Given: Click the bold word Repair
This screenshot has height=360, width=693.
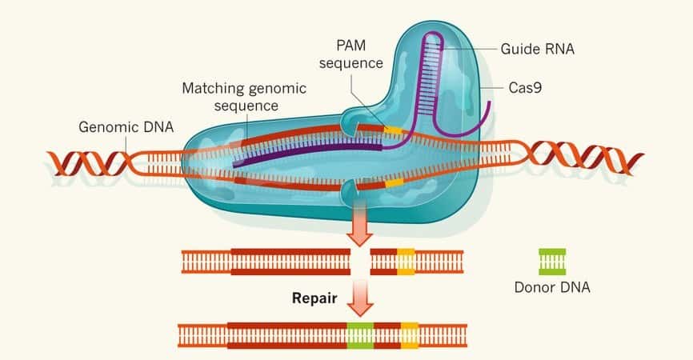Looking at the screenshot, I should click(x=314, y=298).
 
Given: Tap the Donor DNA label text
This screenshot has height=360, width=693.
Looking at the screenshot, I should click(x=552, y=286).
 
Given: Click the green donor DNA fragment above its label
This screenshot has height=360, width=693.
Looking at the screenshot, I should click(x=551, y=262).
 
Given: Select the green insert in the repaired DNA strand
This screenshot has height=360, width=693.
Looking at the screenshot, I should click(x=361, y=335).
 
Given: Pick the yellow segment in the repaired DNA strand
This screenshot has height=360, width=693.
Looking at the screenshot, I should click(x=410, y=335).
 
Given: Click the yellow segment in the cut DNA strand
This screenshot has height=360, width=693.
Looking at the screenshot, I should click(x=406, y=262).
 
